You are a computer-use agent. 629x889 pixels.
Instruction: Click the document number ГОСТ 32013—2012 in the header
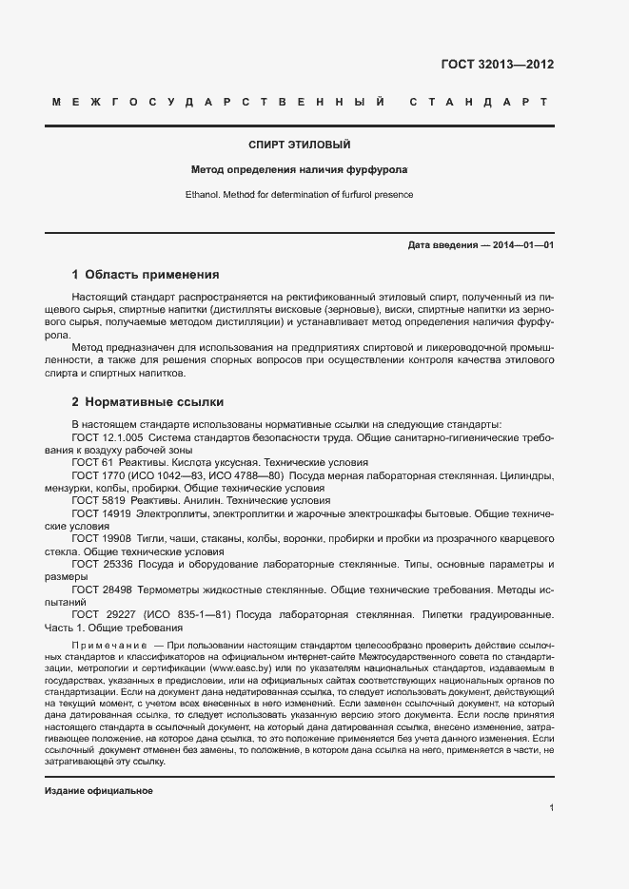[x=497, y=66]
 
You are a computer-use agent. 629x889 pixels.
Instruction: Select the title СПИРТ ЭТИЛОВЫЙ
[x=300, y=145]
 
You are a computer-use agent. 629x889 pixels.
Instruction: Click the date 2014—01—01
[x=523, y=244]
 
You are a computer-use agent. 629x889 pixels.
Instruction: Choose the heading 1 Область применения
[x=146, y=275]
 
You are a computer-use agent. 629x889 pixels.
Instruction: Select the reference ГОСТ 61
[x=90, y=461]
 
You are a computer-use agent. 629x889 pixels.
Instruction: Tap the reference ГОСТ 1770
[x=96, y=474]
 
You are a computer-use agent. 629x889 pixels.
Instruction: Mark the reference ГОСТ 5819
[x=96, y=500]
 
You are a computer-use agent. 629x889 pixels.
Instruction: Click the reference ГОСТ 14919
[x=100, y=512]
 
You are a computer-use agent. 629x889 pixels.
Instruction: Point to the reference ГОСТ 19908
[x=100, y=538]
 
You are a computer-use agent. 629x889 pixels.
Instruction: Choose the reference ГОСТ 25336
[x=100, y=564]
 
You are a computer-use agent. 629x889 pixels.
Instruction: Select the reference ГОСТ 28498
[x=100, y=589]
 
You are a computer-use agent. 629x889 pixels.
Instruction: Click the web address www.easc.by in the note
[x=237, y=668]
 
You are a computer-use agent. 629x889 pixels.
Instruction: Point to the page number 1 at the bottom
[x=552, y=807]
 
